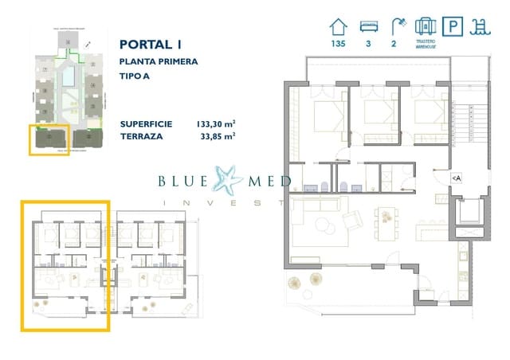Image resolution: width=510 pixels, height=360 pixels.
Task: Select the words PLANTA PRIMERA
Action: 159,61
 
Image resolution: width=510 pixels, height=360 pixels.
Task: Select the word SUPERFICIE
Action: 146,123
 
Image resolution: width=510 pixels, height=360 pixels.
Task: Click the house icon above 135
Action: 339,27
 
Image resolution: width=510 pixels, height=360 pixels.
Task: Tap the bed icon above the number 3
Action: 368,27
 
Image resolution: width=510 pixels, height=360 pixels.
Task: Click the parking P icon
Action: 454,26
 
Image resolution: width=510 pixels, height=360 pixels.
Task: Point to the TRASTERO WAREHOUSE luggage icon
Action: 425,26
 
